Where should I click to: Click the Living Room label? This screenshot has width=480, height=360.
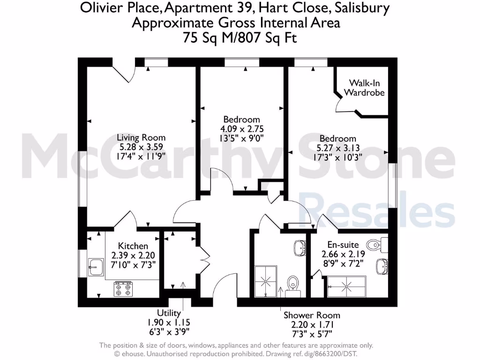(141, 137)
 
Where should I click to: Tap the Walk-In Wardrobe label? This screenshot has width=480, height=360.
(364, 88)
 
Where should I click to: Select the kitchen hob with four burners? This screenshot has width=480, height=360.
(123, 288)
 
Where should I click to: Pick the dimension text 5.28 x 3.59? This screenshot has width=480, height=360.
(141, 147)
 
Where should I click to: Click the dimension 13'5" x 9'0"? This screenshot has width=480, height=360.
(241, 138)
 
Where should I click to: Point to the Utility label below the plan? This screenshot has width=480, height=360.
(168, 314)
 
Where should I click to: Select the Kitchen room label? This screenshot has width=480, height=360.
(133, 246)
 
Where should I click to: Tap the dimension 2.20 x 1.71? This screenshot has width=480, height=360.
(312, 324)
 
